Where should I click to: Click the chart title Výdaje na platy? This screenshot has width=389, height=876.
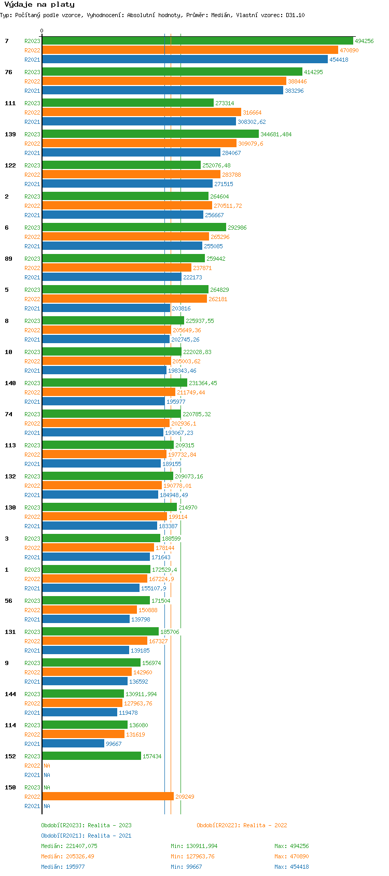click(39, 5)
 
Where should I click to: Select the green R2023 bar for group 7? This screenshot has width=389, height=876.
click(198, 40)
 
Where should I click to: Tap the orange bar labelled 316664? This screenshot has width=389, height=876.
click(142, 112)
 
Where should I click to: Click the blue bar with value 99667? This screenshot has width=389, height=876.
click(73, 743)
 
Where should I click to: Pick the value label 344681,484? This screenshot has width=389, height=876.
click(276, 134)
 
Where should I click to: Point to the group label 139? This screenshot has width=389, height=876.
click(10, 134)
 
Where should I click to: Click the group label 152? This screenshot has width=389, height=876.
click(10, 756)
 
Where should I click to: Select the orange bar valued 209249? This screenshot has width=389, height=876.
click(108, 796)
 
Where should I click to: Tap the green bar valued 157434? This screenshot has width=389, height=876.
click(92, 756)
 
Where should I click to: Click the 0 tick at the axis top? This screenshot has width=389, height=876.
click(42, 31)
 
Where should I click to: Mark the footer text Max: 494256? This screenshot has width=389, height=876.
click(291, 846)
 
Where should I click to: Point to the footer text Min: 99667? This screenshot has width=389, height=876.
click(186, 867)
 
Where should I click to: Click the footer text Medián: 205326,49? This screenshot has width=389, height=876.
click(68, 856)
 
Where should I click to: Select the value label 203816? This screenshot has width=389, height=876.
click(181, 308)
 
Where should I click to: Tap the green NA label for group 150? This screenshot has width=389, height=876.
click(47, 787)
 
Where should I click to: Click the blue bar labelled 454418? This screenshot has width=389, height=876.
click(185, 60)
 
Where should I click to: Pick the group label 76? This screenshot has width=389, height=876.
click(9, 72)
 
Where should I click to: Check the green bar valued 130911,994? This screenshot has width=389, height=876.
click(83, 694)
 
